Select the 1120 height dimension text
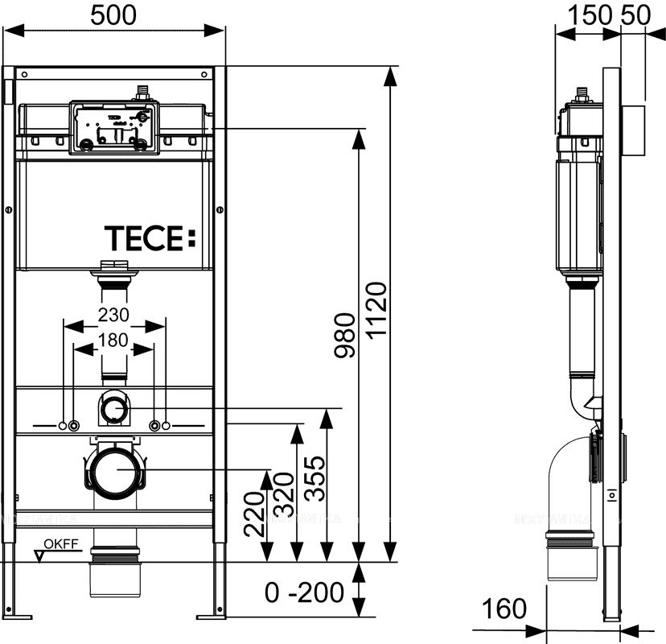[378, 310]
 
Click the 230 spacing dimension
[113, 313]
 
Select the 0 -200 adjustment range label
[304, 593]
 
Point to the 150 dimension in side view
[589, 14]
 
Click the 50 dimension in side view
[635, 14]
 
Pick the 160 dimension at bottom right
[504, 609]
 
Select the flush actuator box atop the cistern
[113, 126]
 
